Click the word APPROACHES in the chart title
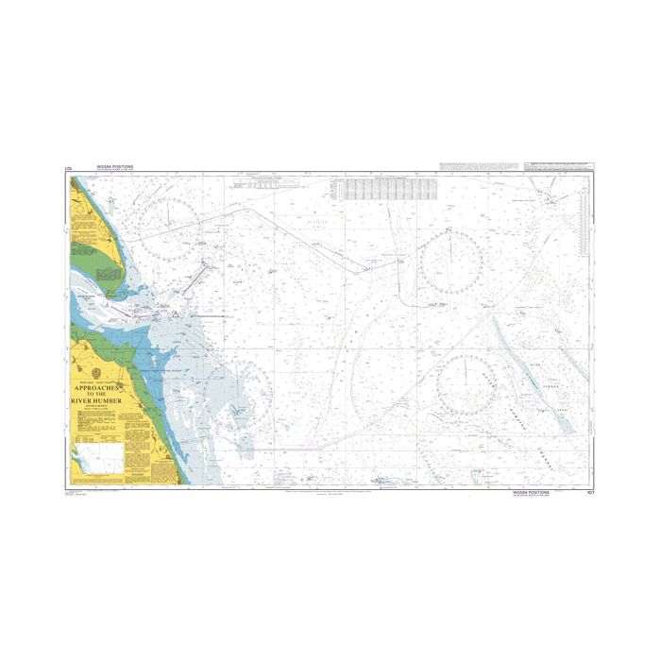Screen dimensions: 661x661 tap(103, 388)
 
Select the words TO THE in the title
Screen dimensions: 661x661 tap(103, 395)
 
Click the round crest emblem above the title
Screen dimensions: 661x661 tap(103, 372)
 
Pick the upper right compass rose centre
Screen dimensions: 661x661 tap(450, 262)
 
